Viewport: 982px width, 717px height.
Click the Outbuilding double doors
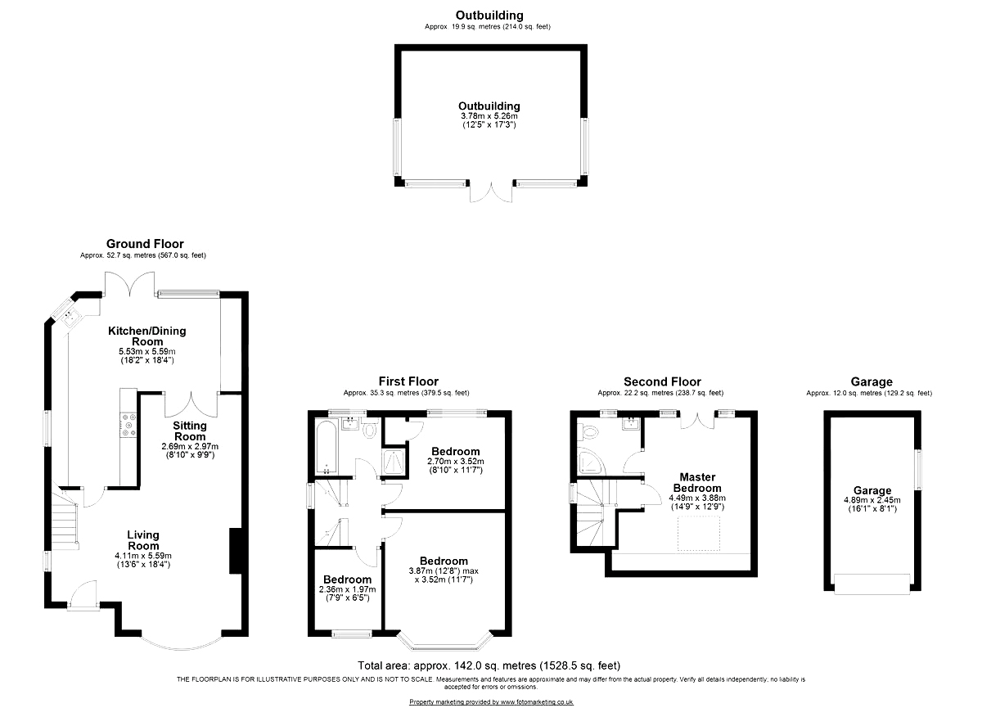(x=491, y=192)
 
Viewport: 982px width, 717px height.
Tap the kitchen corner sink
(x=70, y=317)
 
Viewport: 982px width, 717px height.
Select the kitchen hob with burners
(x=129, y=425)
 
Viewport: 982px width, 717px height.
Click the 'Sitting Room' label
(x=190, y=431)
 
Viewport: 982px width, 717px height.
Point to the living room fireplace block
(x=236, y=551)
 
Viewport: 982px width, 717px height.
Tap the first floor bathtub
(x=327, y=447)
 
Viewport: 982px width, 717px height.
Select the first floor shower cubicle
(x=394, y=462)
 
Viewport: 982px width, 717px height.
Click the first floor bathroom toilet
(x=371, y=429)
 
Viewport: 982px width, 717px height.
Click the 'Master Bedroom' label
(x=697, y=482)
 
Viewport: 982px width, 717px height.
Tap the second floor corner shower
(x=591, y=461)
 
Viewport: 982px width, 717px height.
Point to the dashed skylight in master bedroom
(x=699, y=534)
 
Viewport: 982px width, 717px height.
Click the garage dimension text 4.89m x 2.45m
(x=872, y=500)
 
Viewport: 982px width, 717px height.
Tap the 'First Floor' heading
(x=408, y=381)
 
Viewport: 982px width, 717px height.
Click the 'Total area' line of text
(x=489, y=665)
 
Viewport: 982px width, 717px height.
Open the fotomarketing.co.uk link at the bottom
(x=491, y=702)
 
